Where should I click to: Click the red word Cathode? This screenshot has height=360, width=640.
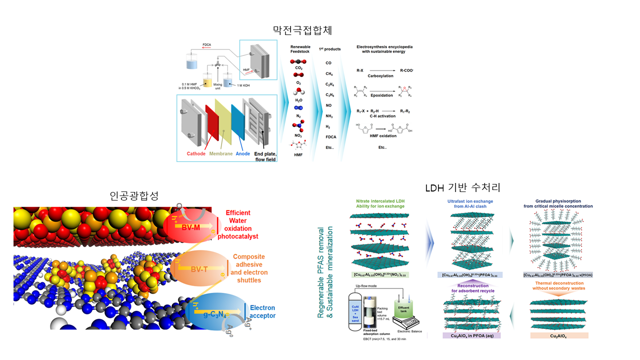tap(196, 153)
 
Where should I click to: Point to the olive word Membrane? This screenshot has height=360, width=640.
tap(221, 153)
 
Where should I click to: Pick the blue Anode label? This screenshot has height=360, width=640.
tap(243, 153)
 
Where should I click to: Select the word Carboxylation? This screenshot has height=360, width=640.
tap(381, 76)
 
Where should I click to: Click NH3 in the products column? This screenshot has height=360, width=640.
tap(329, 116)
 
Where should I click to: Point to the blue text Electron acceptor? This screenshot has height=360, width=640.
tap(262, 311)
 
